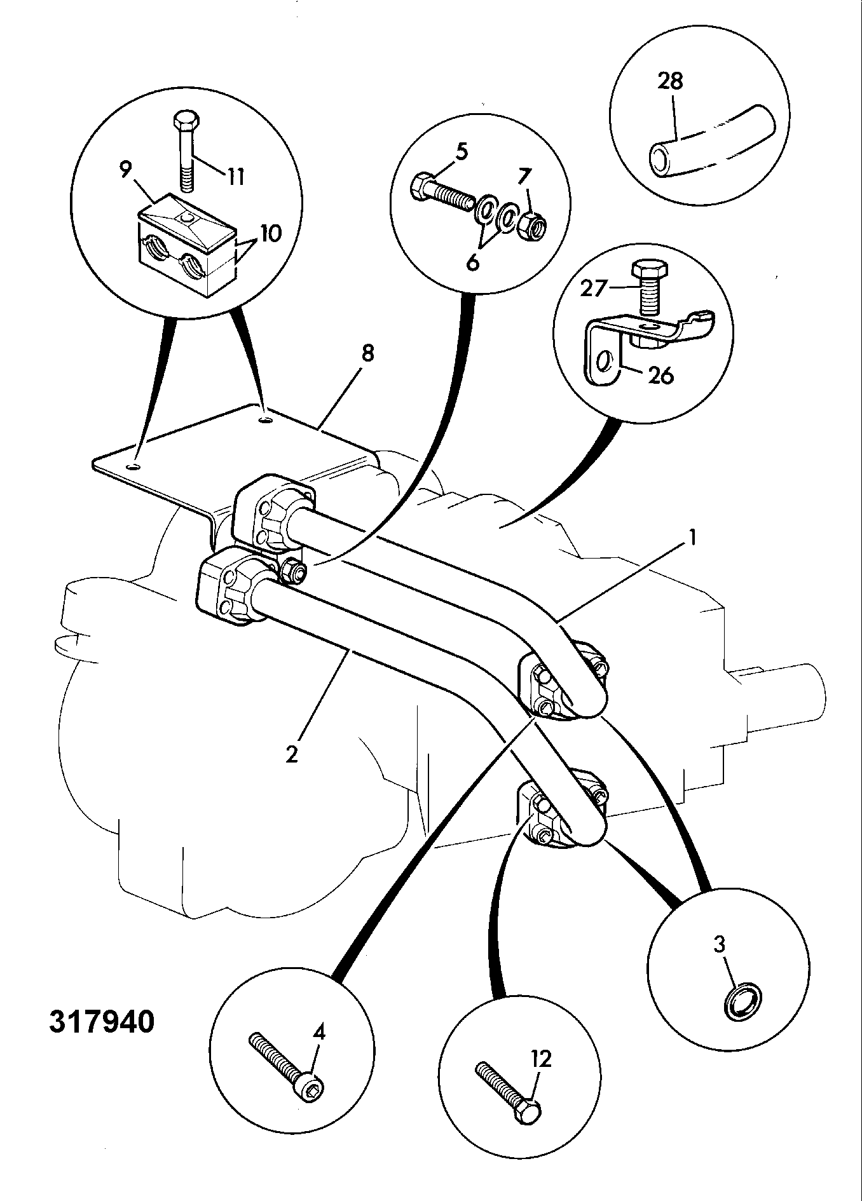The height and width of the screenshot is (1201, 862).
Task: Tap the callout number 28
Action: [670, 81]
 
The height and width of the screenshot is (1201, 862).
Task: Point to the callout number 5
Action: [462, 153]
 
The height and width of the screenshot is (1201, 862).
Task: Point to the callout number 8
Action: [367, 353]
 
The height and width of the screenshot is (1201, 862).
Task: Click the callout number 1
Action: [693, 539]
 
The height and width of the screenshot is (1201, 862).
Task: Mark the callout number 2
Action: [292, 756]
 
